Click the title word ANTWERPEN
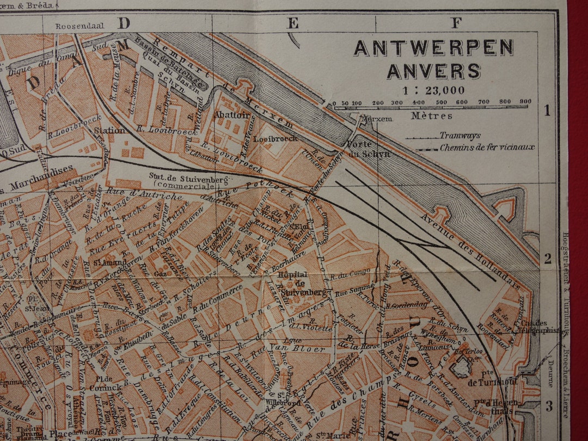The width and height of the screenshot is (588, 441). tap(433, 48)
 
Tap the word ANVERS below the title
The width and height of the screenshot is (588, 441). tap(433, 71)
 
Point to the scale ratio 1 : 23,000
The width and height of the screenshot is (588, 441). tap(433, 90)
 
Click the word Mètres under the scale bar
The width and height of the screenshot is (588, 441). tap(431, 115)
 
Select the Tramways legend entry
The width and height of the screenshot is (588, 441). tap(460, 136)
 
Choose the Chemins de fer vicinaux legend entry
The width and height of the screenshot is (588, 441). tap(487, 147)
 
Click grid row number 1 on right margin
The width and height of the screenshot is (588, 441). tap(548, 111)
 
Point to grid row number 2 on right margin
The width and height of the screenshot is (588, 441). tap(548, 258)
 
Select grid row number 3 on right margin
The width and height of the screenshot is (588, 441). tap(549, 406)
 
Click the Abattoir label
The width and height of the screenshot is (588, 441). tap(231, 115)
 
